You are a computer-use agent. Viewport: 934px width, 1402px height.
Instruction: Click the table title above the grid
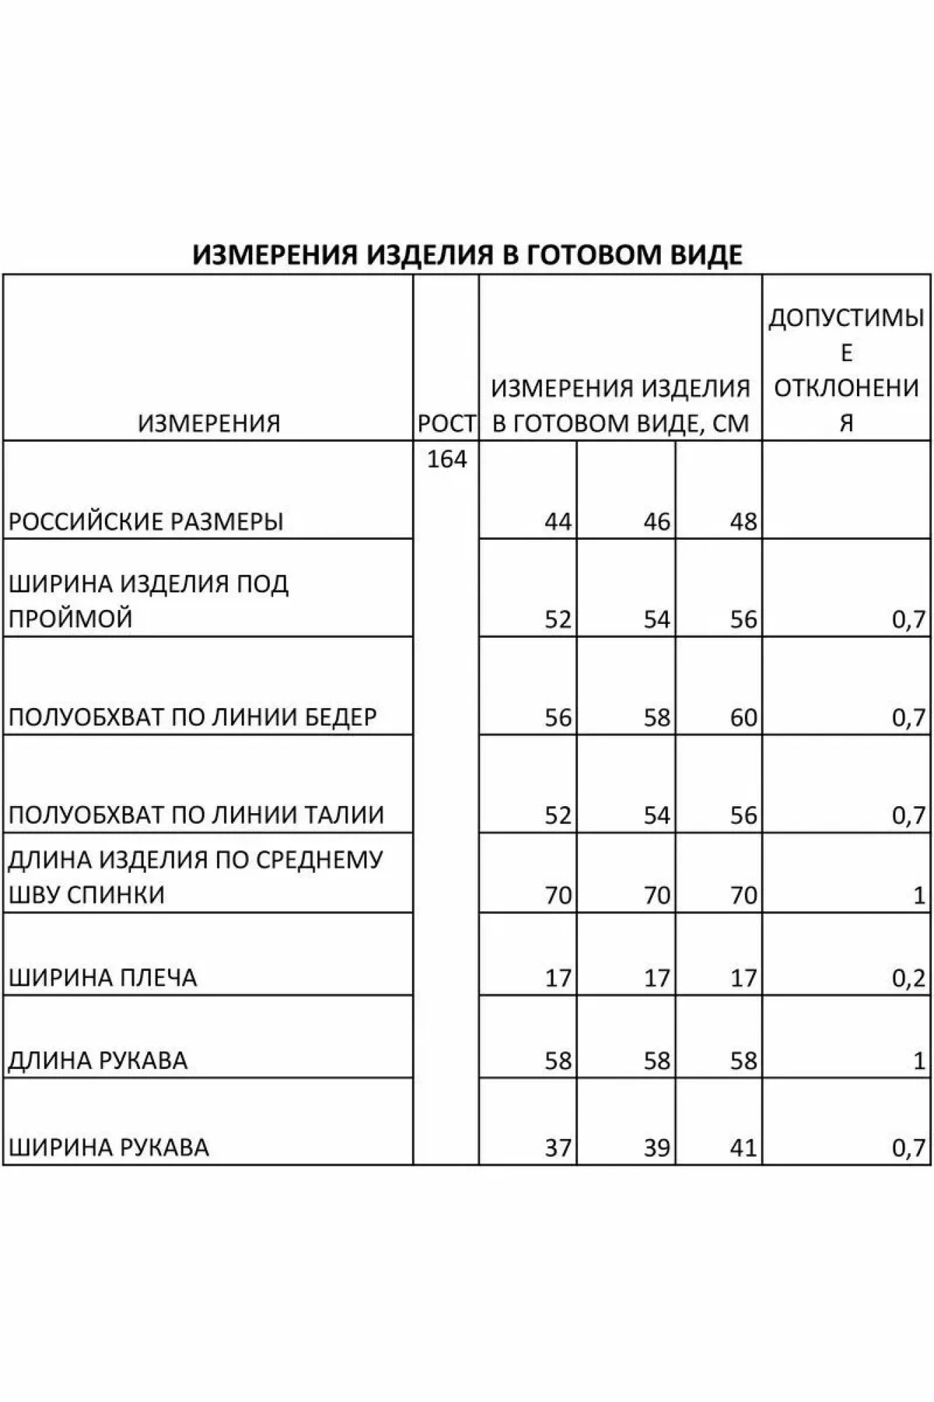tap(467, 254)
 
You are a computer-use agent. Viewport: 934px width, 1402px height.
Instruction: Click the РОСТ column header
tap(446, 423)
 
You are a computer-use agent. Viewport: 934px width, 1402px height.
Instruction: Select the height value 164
tap(446, 460)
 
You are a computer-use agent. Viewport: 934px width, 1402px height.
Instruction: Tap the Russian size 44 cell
tap(558, 522)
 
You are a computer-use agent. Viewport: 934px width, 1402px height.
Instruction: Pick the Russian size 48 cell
tap(743, 522)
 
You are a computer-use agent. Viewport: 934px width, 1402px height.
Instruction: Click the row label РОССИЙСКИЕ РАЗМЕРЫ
tap(146, 522)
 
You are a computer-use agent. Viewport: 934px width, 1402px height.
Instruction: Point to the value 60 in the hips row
tap(743, 717)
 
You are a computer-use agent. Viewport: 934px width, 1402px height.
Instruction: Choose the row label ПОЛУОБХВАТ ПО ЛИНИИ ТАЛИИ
tap(196, 815)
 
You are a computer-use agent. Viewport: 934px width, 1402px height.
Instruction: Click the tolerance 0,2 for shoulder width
tap(909, 978)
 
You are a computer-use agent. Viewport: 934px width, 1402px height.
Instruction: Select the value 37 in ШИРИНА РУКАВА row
tap(558, 1148)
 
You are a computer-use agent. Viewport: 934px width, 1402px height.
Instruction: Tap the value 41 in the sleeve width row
tap(743, 1148)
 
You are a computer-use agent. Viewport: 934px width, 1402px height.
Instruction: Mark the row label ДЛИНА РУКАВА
tap(98, 1061)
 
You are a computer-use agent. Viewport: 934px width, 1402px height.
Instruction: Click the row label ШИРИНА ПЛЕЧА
tap(102, 978)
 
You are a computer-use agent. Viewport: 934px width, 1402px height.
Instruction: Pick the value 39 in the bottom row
tap(657, 1148)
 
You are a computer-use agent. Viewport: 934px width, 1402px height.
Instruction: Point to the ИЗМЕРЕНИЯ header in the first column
tap(209, 423)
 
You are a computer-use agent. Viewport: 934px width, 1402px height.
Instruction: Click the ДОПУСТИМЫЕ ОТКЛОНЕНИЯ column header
tap(846, 370)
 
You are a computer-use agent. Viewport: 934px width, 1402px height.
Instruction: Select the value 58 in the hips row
tap(657, 717)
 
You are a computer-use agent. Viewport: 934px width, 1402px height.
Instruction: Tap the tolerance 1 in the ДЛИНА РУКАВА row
tap(919, 1061)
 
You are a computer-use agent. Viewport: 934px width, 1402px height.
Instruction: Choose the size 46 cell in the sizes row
tap(657, 522)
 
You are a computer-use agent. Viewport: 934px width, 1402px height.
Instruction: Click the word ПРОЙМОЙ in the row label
tap(70, 619)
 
